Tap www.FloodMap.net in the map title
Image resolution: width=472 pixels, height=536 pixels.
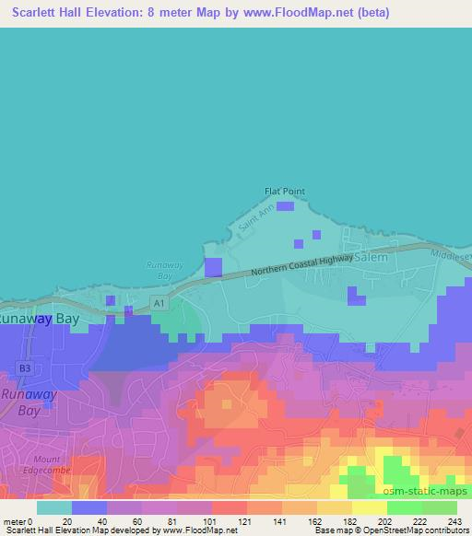click(314, 12)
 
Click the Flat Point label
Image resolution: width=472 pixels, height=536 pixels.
click(284, 192)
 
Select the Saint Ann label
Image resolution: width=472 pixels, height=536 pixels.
click(250, 222)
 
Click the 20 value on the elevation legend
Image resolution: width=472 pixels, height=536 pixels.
click(67, 520)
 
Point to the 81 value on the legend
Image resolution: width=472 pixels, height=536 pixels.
click(171, 520)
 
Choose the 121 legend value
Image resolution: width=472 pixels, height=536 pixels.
click(243, 520)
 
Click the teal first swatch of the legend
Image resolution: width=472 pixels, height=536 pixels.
click(53, 507)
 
